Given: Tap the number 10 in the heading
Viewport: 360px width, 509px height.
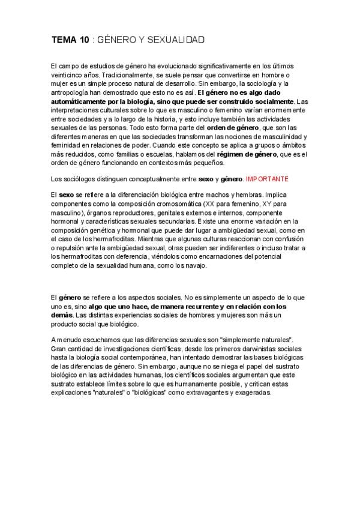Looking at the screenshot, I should click(84, 40).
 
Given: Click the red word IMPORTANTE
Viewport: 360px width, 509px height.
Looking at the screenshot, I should click(268, 179).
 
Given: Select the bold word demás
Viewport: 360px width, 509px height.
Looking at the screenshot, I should click(62, 315).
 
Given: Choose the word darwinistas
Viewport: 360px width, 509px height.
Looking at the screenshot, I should click(242, 349).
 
